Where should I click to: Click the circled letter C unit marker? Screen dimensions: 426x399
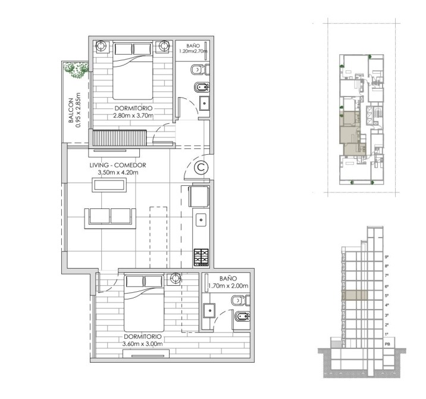(x=201, y=167)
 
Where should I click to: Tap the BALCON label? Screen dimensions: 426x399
(x=71, y=110)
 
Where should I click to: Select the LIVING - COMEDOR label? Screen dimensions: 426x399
(x=118, y=165)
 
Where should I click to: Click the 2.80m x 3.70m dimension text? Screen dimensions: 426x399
(x=133, y=116)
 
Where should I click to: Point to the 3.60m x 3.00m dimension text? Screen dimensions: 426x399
(x=142, y=344)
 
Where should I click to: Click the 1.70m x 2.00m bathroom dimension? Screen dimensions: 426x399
(x=228, y=286)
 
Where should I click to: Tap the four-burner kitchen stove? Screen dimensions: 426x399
(x=201, y=257)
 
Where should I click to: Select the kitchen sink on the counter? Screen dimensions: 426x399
(x=201, y=220)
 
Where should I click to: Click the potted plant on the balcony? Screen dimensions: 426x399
(x=76, y=70)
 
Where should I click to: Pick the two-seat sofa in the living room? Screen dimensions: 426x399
(x=110, y=218)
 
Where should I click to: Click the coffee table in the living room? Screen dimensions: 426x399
(x=109, y=185)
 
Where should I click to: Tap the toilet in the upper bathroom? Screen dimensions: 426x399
(x=201, y=70)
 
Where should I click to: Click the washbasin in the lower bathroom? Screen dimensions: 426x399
(x=209, y=310)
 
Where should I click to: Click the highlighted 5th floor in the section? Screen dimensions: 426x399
(x=355, y=295)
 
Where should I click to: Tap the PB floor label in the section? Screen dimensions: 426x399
(x=387, y=344)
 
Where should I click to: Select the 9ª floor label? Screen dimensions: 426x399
(x=387, y=257)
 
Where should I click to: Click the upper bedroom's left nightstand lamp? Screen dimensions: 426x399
(x=101, y=46)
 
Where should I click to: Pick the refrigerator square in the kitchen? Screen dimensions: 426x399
(x=199, y=195)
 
